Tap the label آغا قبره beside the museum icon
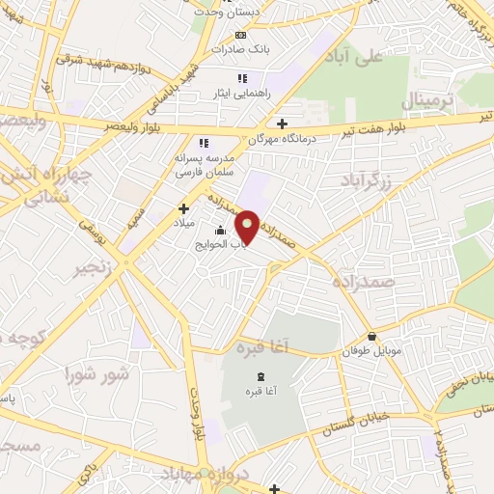[x=258, y=390]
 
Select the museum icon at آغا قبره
[x=259, y=375]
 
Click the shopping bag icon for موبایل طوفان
[x=372, y=337]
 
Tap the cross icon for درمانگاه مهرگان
[x=282, y=123]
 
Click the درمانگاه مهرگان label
[x=256, y=139]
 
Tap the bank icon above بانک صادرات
[x=241, y=36]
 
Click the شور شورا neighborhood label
[x=96, y=372]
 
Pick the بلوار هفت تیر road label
[x=448, y=121]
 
